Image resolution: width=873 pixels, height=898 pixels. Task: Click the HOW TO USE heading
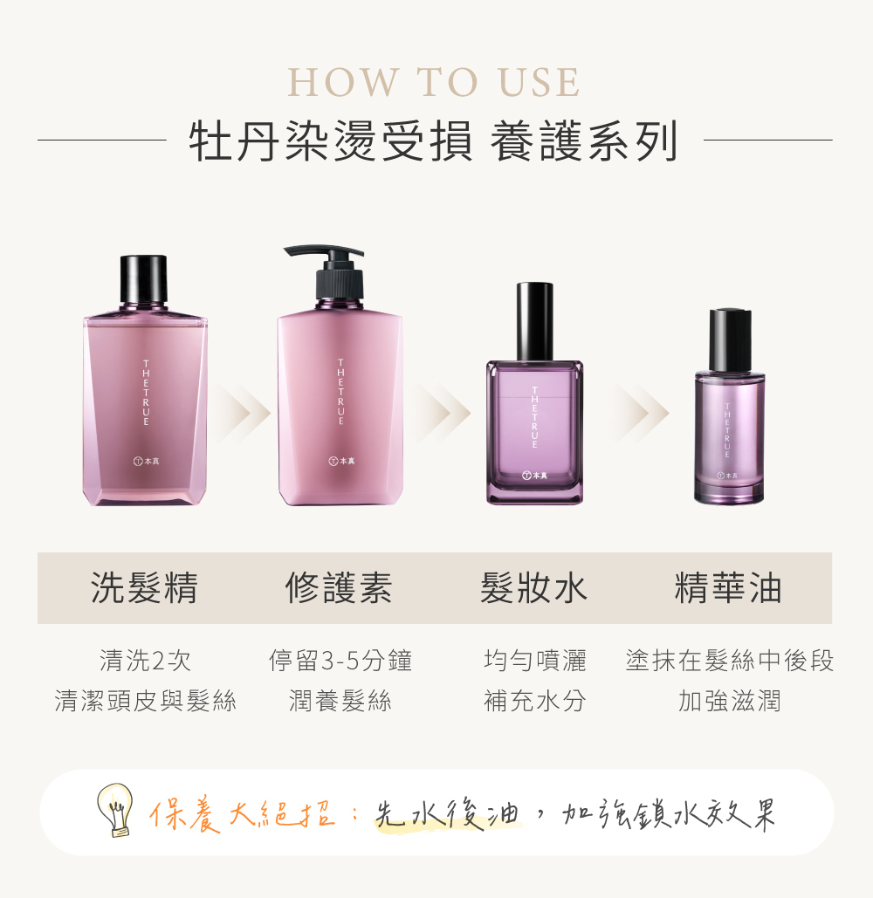point(434,84)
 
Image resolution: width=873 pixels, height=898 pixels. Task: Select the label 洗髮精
point(145,588)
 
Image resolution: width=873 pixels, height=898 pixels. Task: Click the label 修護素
point(339,588)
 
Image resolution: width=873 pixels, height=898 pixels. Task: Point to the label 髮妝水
point(533,588)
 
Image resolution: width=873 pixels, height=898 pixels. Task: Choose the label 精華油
point(728,588)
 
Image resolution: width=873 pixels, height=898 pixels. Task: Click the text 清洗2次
point(145,661)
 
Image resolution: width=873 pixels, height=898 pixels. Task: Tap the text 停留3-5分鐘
point(340,661)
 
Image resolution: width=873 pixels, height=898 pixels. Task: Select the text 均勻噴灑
point(534,661)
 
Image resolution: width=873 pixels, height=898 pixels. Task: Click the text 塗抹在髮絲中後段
point(730,661)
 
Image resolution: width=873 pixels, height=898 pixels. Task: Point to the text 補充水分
point(534,700)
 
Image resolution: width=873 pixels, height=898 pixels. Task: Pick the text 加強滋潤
point(729,700)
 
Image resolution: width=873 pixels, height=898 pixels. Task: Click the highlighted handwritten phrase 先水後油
point(446,814)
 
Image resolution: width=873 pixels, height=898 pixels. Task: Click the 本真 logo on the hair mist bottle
point(534,476)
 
